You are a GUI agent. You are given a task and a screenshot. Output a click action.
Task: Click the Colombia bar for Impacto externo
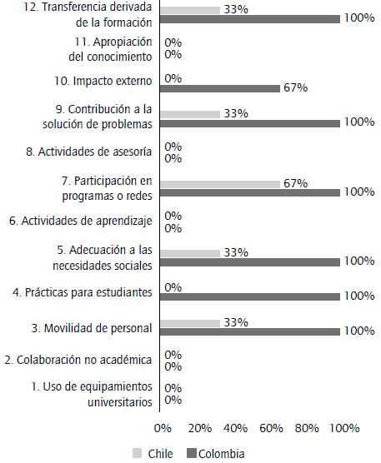[219, 88]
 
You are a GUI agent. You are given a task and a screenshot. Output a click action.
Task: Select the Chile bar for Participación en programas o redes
[219, 183]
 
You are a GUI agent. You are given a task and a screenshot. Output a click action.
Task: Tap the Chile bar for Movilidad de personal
[189, 322]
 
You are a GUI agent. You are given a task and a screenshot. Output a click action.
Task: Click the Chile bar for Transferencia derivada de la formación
[189, 10]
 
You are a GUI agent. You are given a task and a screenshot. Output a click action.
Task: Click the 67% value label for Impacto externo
[296, 88]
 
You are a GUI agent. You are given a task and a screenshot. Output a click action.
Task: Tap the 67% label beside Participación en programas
[296, 183]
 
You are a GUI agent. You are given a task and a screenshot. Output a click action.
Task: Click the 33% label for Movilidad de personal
[236, 322]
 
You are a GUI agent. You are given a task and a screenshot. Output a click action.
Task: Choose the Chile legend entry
[153, 454]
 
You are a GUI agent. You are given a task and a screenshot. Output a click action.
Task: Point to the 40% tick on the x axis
[236, 428]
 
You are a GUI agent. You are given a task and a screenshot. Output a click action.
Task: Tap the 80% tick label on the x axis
[308, 428]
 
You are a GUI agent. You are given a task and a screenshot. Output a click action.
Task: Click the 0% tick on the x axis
[163, 428]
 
